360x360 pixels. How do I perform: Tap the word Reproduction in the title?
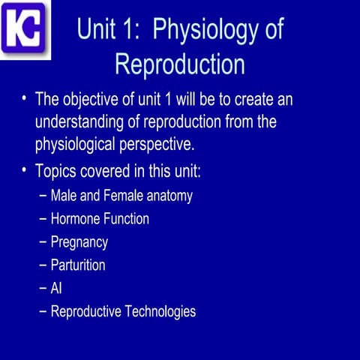coord(180,64)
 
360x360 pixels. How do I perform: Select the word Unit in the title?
coord(98,31)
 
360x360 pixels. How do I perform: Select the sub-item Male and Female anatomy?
coord(121,196)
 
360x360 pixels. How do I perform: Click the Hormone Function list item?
coord(99,219)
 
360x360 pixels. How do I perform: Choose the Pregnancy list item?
coord(79,242)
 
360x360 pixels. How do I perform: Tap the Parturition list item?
coord(77,265)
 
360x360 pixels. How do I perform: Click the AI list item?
coord(56,288)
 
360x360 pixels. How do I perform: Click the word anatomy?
coord(169,197)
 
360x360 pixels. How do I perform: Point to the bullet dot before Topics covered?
coord(25,169)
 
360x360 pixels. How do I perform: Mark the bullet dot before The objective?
coord(25,99)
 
